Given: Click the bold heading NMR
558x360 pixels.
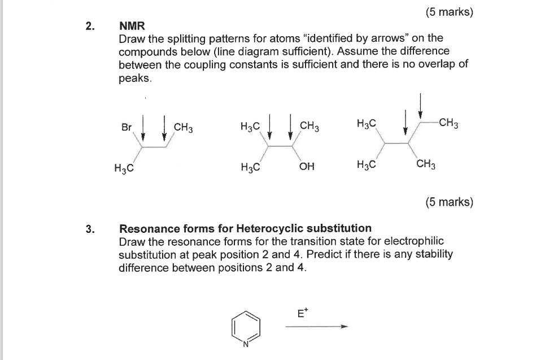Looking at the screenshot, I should tap(132, 25).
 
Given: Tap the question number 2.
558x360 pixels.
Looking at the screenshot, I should tap(89, 25).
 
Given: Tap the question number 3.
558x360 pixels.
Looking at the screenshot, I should tap(89, 228).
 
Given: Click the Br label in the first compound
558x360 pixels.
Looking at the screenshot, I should tap(126, 127).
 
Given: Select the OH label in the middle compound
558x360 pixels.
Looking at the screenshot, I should tap(307, 167).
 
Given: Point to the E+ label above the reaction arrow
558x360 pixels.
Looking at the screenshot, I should tap(303, 312).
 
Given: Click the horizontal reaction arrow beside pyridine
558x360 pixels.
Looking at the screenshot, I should tap(316, 326).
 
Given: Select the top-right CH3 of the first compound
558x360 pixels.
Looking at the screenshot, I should tap(184, 127).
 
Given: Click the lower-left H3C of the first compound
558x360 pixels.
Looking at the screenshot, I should tap(123, 167).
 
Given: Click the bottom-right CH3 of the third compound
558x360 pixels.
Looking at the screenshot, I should tap(425, 165).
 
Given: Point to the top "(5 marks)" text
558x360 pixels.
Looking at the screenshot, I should tap(449, 12).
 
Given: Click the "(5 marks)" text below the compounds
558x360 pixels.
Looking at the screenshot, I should tap(449, 202).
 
